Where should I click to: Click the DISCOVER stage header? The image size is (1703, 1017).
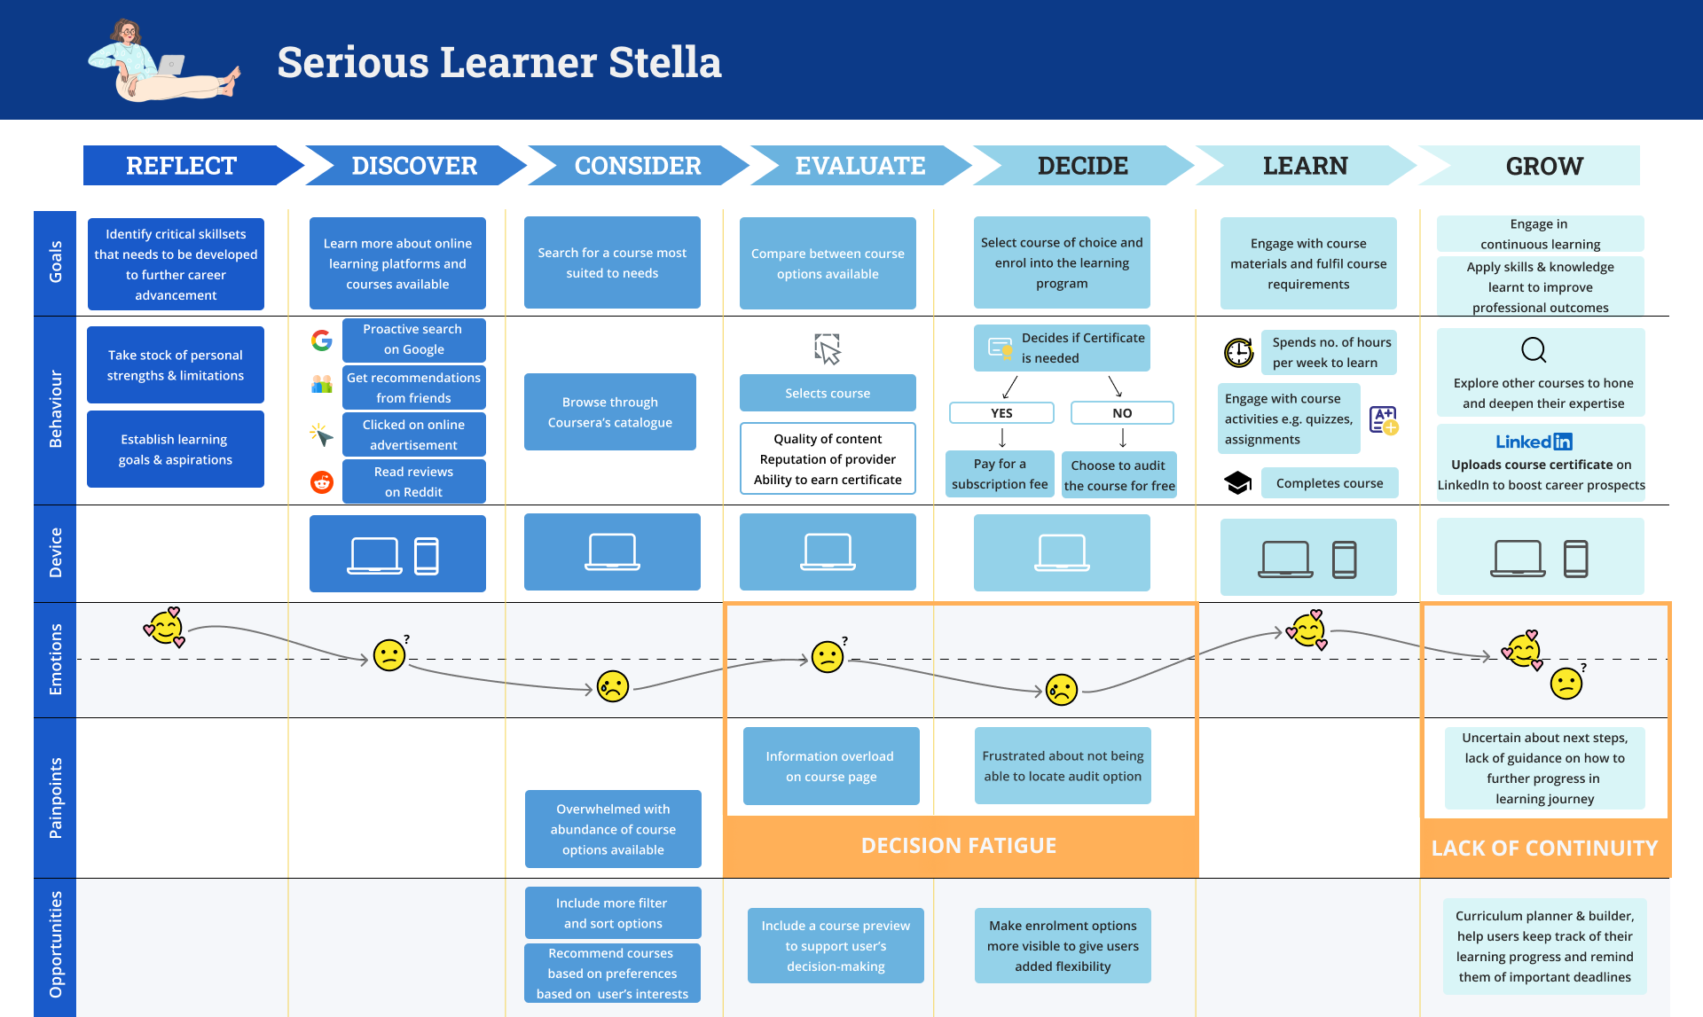pos(414,166)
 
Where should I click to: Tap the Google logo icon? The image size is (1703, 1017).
pos(322,340)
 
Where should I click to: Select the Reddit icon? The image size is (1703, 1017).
pos(322,481)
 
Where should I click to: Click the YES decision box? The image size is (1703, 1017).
pos(1001,413)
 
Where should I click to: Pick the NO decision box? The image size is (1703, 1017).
pos(1122,413)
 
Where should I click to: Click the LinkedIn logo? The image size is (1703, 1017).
pos(1534,442)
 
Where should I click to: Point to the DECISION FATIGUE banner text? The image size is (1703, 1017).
pos(959,846)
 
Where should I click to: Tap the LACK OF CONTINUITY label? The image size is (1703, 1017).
pos(1544,849)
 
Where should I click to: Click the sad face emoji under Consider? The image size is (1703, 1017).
pos(613,686)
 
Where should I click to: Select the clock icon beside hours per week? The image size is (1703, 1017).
pos(1239,353)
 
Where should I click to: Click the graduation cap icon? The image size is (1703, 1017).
pos(1238,482)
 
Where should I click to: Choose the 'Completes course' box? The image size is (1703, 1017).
pos(1329,483)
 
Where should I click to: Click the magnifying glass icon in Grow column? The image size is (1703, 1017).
pos(1534,350)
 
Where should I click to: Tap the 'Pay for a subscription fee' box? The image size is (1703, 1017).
pos(1000,474)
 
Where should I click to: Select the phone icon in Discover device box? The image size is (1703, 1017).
pos(427,556)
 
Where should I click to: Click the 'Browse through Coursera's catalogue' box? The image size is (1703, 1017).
pos(610,412)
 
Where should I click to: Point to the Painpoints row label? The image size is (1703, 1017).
pos(55,798)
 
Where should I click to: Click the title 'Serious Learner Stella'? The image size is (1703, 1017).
pos(499,62)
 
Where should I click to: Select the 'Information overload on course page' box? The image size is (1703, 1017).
pos(830,766)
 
